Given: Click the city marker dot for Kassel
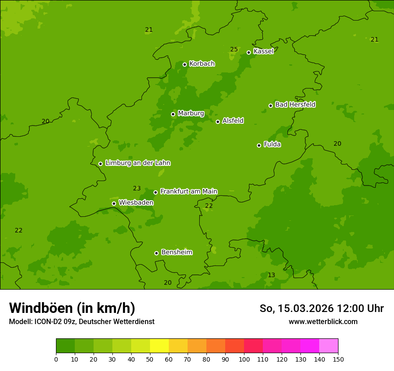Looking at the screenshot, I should click(248, 52).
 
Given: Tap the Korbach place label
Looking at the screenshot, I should click(202, 64).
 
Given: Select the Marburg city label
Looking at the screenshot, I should click(191, 114).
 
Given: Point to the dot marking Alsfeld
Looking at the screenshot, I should click(218, 122).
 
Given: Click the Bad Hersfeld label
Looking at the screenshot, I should click(295, 105).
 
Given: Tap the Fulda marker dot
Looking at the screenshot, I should click(259, 145).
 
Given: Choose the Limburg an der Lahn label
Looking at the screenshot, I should click(137, 163).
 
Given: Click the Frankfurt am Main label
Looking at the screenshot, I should click(188, 191).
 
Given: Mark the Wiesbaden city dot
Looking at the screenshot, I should click(114, 203).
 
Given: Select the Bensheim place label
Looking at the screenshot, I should click(176, 253).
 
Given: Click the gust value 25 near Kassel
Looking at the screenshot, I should click(234, 49).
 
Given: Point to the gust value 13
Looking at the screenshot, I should click(271, 275).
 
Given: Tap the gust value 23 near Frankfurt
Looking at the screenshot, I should click(137, 188).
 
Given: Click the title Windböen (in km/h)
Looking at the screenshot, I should click(72, 308).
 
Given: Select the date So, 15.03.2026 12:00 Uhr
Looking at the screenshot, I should click(321, 308).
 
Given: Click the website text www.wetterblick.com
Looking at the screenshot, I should click(323, 321).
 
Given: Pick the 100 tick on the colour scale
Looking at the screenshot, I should click(244, 359).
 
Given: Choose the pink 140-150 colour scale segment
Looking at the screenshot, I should click(329, 346).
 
